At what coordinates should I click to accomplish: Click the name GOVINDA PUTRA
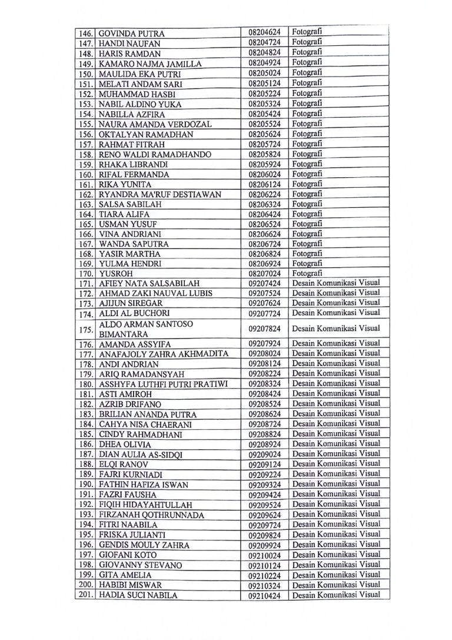tap(132, 34)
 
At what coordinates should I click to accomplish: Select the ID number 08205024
tap(264, 74)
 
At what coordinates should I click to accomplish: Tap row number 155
tap(87, 125)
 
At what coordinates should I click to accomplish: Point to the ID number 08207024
tap(264, 274)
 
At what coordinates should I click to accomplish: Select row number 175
tap(87, 329)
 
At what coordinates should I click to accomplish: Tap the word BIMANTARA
tap(122, 334)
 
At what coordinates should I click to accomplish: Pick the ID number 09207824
tap(264, 329)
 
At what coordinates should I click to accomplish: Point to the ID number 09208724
tap(264, 425)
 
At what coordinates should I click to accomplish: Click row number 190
tap(87, 485)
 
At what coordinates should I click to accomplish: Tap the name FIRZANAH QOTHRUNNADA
tap(151, 515)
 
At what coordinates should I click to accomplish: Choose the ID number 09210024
tap(264, 555)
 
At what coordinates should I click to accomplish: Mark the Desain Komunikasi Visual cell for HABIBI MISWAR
tap(336, 585)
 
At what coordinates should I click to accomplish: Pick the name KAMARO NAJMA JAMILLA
tap(150, 64)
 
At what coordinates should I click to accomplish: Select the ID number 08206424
tap(264, 214)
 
